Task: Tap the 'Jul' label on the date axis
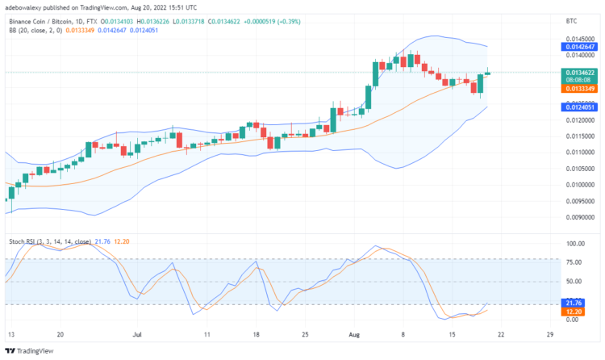coord(136,333)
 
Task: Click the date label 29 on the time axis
coord(549,333)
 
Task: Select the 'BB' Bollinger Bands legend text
coord(12,30)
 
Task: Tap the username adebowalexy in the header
coord(25,6)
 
